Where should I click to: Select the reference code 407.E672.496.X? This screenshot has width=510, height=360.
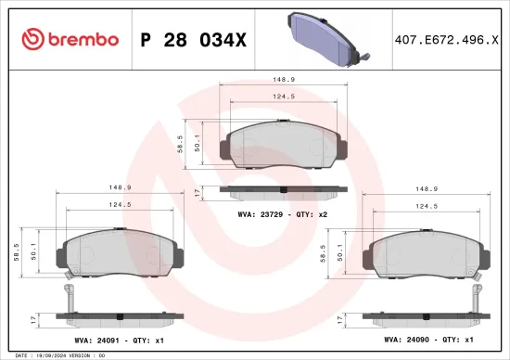coord(440,39)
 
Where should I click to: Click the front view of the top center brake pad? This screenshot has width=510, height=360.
coord(284,148)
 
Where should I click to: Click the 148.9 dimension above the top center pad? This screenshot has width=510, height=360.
coord(284,79)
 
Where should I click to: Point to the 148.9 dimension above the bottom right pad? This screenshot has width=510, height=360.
coord(425,186)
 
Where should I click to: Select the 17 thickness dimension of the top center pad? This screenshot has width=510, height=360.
coord(197,190)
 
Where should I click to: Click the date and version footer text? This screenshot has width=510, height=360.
coord(56,355)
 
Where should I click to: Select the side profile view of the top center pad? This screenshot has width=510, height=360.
coord(284,191)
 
